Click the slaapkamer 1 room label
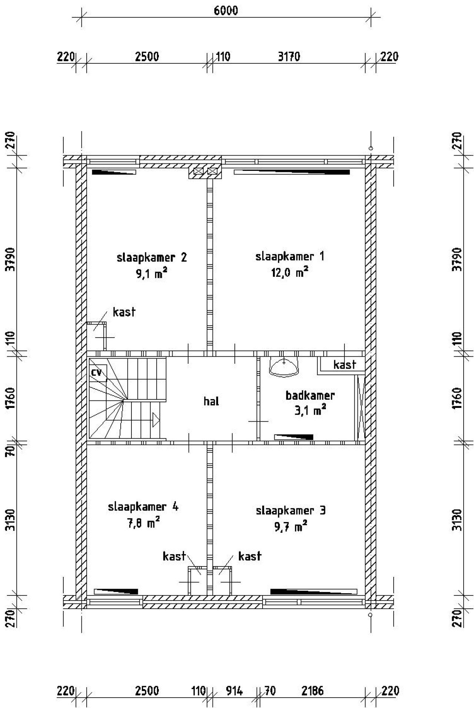tap(290, 256)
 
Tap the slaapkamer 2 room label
tap(151, 257)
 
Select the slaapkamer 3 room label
tap(291, 511)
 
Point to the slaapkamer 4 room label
tap(143, 506)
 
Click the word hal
tap(211, 401)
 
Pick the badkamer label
tap(310, 395)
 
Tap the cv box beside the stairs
tap(98, 373)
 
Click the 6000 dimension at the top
tap(226, 10)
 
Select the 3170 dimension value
tap(289, 57)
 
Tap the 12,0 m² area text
tap(290, 273)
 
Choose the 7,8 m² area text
tap(143, 523)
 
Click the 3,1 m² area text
tap(310, 410)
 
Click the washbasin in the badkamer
tap(284, 367)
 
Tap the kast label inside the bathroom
tap(344, 365)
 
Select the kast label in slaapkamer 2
tap(124, 312)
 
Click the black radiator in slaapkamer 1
tap(292, 172)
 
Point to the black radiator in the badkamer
tap(294, 437)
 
